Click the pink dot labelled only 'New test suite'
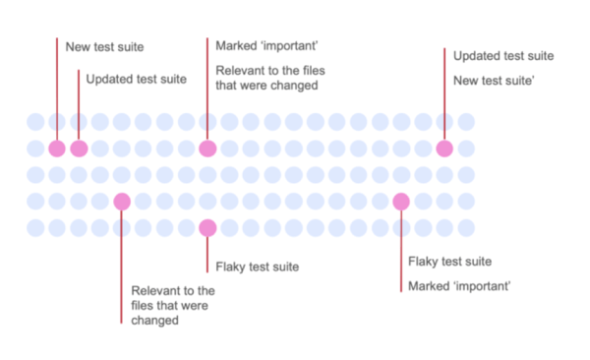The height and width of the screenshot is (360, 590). pyautogui.click(x=57, y=149)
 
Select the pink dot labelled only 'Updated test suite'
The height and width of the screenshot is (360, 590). pyautogui.click(x=79, y=149)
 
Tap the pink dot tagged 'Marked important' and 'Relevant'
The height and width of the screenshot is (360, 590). pyautogui.click(x=206, y=149)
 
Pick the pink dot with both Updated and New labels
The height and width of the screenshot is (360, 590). pyautogui.click(x=444, y=149)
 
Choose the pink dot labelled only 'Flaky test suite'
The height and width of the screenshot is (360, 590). pyautogui.click(x=206, y=228)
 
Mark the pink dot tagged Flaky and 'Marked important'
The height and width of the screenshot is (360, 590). pyautogui.click(x=401, y=202)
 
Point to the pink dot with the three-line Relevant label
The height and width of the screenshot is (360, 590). pyautogui.click(x=122, y=202)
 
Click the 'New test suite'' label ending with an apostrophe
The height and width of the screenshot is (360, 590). pyautogui.click(x=494, y=80)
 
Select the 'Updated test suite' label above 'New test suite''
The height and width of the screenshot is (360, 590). pyautogui.click(x=503, y=55)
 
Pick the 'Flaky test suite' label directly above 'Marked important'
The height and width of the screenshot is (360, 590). pyautogui.click(x=449, y=262)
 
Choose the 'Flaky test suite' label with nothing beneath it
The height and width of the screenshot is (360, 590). pyautogui.click(x=257, y=267)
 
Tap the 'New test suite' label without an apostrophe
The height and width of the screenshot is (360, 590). pyautogui.click(x=104, y=46)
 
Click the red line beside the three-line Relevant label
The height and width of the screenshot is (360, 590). pyautogui.click(x=122, y=266)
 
